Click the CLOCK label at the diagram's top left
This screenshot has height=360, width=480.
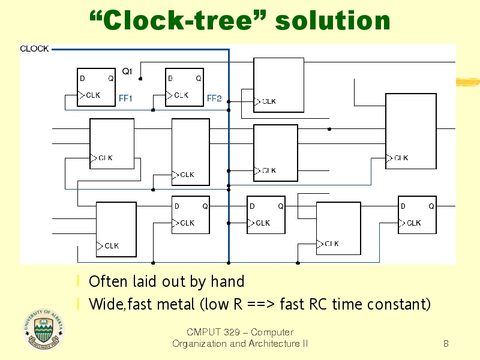[34, 49]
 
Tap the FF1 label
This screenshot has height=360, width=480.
[125, 98]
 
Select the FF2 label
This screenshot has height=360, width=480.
[214, 98]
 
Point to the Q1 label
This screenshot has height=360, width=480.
[127, 71]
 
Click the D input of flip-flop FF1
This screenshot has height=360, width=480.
[82, 79]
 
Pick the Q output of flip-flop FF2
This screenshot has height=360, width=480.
[199, 79]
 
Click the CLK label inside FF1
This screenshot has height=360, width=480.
[93, 95]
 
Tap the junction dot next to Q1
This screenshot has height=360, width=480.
[140, 79]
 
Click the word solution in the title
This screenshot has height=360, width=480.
[333, 20]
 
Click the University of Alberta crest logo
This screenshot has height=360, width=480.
[43, 329]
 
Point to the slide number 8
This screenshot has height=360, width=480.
[446, 343]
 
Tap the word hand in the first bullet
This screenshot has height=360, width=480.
[227, 281]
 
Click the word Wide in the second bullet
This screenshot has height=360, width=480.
[106, 304]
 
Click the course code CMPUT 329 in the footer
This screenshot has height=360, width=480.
[214, 332]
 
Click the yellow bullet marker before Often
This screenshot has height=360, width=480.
[79, 281]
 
